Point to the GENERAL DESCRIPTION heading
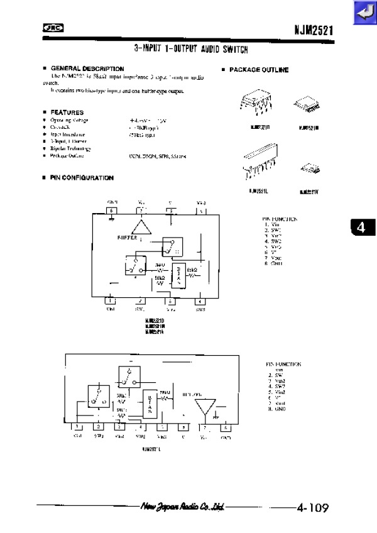pos(87,69)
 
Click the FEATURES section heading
pos(67,113)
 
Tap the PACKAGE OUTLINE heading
pos(258,70)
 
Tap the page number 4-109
pos(312,507)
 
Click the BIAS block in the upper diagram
pos(179,274)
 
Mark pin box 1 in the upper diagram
pos(111,301)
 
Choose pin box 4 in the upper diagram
pos(200,301)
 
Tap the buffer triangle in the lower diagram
pos(204,406)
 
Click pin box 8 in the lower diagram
pos(226,427)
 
